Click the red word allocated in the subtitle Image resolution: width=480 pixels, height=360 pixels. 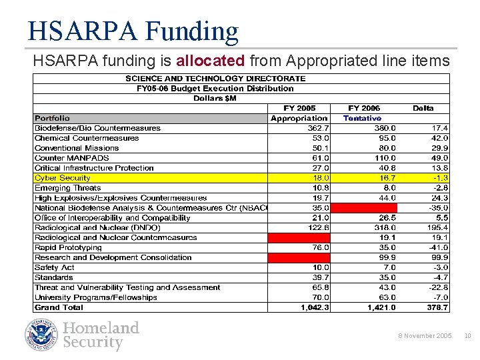(x=211, y=61)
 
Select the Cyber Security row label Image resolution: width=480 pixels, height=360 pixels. (x=62, y=178)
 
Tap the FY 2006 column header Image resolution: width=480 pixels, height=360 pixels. (x=364, y=108)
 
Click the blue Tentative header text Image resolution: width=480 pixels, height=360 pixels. (x=362, y=118)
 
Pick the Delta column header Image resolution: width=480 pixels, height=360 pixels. (x=423, y=108)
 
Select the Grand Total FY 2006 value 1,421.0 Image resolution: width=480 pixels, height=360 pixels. (x=380, y=307)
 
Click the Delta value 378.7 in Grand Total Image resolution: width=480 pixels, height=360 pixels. (x=437, y=307)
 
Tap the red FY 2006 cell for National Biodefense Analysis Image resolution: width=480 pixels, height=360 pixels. (x=363, y=208)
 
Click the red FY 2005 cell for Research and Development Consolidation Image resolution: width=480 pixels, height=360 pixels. (x=299, y=257)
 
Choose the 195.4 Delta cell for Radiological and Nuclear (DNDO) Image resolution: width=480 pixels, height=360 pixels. (x=437, y=227)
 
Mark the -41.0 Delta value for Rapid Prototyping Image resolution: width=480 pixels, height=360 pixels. (x=438, y=247)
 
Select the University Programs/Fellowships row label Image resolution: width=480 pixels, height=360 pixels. (x=95, y=297)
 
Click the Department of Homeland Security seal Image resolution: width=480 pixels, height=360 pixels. (x=42, y=335)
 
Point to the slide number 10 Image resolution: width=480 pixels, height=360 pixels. (x=467, y=335)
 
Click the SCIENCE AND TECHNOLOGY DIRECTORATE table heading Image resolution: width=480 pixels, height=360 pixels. (x=215, y=78)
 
